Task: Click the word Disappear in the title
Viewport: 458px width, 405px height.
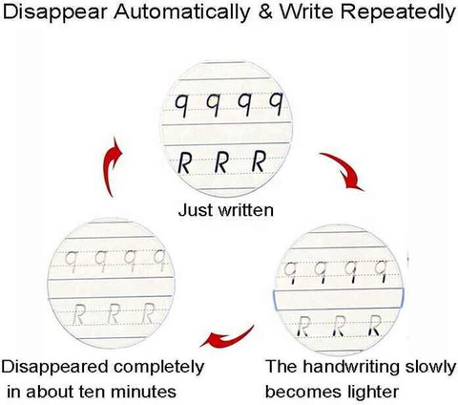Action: (55, 13)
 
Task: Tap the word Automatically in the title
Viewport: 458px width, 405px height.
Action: (182, 13)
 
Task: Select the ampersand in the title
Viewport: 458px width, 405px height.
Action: (265, 12)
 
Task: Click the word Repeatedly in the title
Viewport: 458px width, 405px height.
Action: (400, 13)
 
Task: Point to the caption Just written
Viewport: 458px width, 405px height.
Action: (226, 210)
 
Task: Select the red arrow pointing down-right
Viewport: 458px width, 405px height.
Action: (343, 170)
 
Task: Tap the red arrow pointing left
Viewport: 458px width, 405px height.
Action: (227, 338)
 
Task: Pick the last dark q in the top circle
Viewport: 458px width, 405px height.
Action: (276, 103)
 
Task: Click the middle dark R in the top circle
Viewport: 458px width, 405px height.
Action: (221, 162)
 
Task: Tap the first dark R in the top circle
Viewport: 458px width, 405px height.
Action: (184, 163)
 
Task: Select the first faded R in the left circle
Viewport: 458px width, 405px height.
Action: (78, 314)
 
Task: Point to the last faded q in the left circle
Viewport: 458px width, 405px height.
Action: (159, 261)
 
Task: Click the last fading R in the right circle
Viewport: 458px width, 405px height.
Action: (375, 326)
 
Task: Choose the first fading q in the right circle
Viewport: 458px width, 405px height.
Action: (291, 272)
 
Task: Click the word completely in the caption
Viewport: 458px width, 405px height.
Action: (159, 368)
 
